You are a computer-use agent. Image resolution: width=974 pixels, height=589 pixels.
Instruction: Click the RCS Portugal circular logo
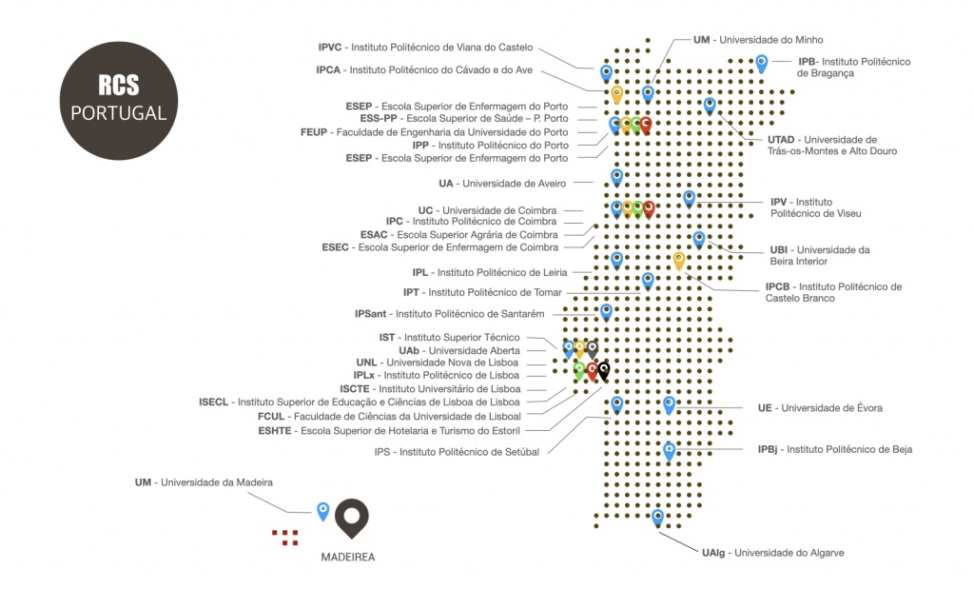pos(119,101)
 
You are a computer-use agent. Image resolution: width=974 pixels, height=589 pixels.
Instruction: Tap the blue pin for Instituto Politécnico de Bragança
pos(762,64)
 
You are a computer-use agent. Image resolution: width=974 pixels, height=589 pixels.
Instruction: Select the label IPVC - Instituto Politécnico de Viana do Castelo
pos(425,48)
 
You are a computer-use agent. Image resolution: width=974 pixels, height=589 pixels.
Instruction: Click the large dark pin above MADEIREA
pos(352,518)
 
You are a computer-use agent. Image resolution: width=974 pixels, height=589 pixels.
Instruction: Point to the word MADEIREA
pos(348,558)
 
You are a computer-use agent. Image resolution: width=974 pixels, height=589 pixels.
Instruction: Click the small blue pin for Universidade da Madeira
pos(323,511)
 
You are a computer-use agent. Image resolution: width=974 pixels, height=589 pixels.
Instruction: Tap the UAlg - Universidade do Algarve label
pos(772,552)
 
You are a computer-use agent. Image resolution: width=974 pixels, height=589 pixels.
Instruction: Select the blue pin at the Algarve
pos(658,517)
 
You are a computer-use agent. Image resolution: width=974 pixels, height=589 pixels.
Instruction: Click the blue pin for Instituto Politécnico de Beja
pos(669,451)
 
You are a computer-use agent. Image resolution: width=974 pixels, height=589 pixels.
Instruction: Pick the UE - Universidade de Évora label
pos(820,408)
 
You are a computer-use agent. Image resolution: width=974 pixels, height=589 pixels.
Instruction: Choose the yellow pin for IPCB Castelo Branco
pos(679,261)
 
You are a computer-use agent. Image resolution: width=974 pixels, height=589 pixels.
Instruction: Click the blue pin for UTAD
pos(710,106)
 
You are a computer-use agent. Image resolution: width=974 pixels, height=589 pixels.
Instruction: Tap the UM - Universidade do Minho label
pos(758,40)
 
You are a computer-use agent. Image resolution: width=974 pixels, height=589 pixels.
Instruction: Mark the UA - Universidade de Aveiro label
pos(502,184)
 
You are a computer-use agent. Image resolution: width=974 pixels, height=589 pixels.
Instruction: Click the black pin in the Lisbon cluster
pos(603,371)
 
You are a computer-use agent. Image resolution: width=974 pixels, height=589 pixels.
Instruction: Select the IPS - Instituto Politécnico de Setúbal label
pos(457,452)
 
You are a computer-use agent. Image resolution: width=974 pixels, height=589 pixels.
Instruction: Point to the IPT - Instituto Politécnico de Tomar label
pos(482,292)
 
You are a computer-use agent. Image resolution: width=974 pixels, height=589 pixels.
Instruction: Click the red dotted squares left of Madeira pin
pos(285,538)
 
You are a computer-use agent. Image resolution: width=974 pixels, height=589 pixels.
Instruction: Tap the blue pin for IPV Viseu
pos(689,199)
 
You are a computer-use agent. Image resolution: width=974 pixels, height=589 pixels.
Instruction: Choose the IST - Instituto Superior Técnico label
pos(449,338)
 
